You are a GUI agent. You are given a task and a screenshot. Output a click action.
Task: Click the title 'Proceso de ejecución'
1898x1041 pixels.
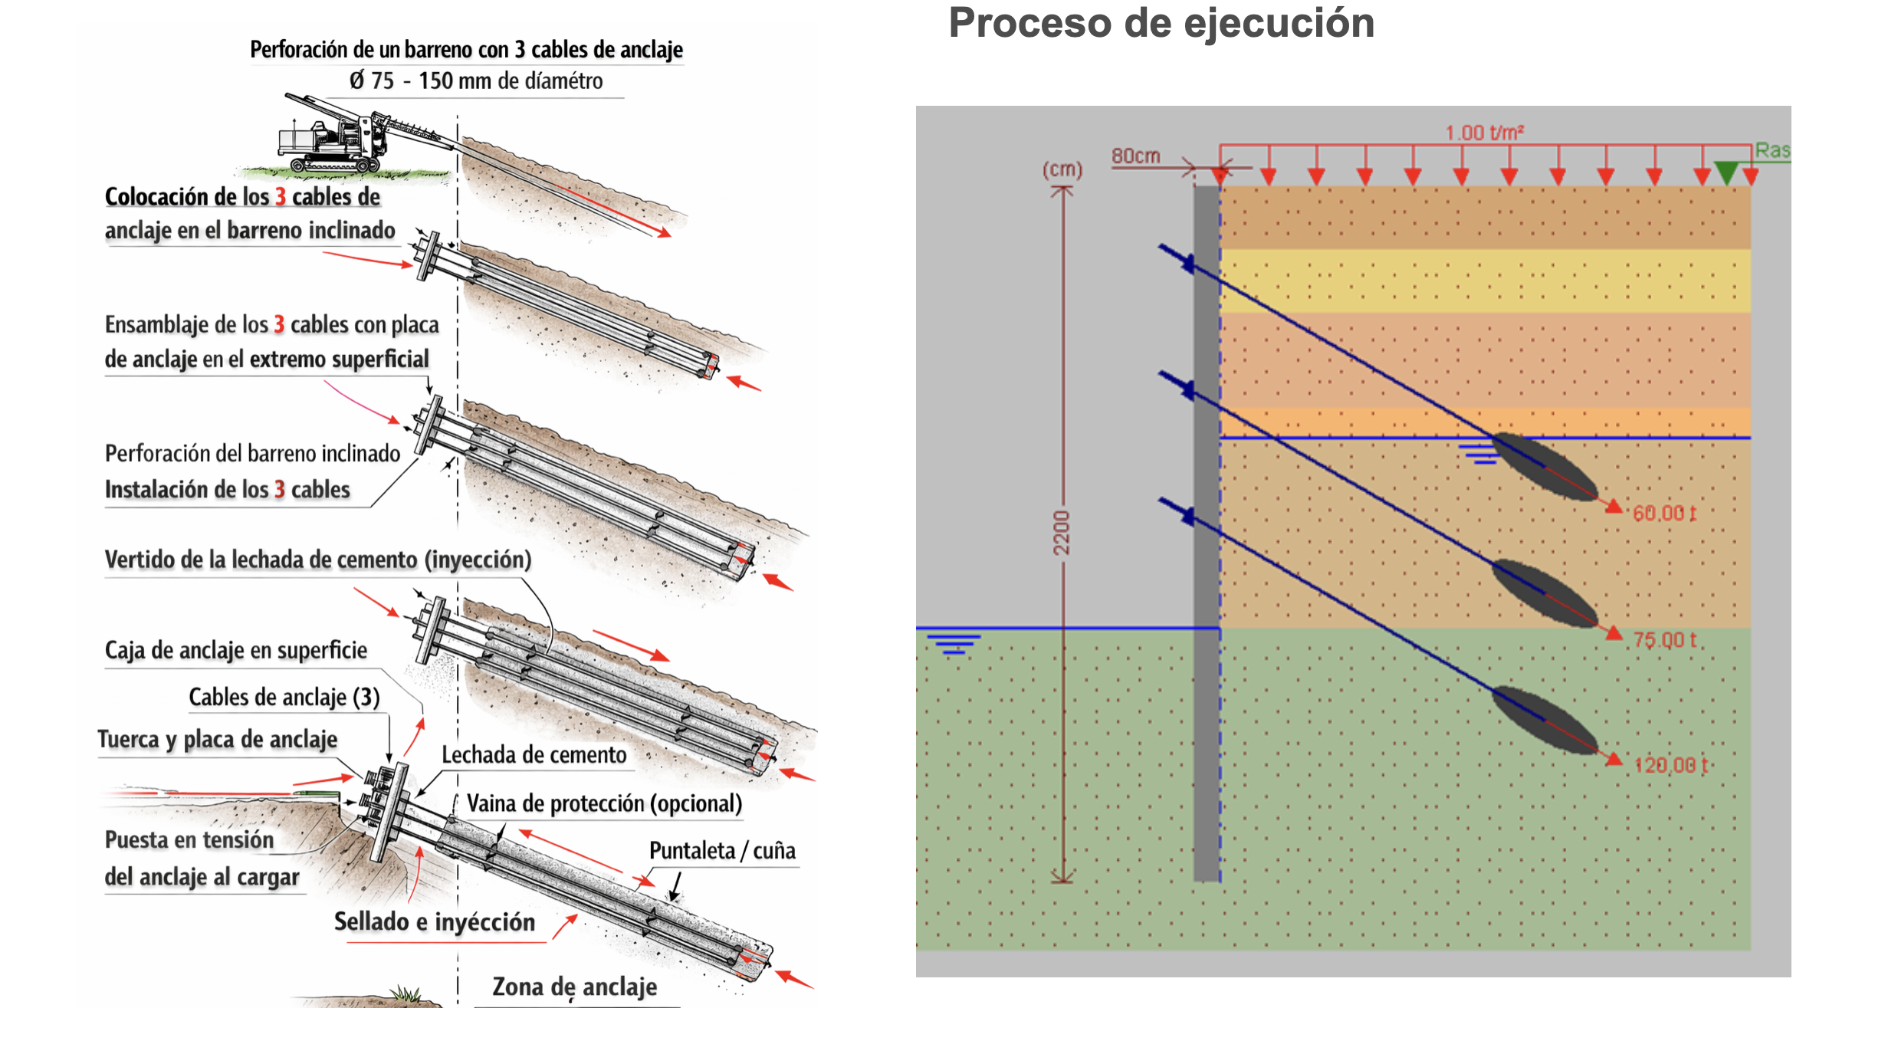click(x=1161, y=23)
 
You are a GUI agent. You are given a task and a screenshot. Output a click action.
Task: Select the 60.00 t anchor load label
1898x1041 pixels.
click(x=1664, y=513)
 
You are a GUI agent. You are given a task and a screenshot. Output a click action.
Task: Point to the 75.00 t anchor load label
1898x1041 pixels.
click(x=1664, y=639)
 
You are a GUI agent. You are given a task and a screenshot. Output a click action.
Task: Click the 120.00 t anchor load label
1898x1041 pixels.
click(x=1670, y=765)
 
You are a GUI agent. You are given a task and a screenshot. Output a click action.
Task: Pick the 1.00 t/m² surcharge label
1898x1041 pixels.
click(x=1484, y=133)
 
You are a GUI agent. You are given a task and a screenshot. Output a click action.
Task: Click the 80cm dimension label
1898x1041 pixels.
click(x=1135, y=156)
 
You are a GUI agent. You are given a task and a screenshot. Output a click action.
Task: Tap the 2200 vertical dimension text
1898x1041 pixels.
click(x=1061, y=533)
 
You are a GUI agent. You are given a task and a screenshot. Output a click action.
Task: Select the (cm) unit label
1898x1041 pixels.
click(x=1062, y=169)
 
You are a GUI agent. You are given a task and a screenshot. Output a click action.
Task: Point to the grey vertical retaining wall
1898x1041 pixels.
click(x=1207, y=537)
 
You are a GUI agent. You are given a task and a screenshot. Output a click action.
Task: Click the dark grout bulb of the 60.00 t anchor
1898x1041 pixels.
click(x=1545, y=467)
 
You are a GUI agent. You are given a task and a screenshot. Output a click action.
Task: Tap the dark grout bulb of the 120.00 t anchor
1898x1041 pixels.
click(x=1545, y=720)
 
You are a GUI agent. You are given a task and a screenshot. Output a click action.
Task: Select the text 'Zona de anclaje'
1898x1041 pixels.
click(x=574, y=987)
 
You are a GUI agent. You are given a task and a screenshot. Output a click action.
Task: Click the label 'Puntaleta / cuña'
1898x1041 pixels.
click(x=722, y=851)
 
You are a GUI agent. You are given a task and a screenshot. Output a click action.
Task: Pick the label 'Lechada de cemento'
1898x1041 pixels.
click(x=534, y=755)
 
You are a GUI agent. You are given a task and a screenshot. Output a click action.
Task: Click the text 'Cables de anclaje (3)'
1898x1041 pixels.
click(x=284, y=697)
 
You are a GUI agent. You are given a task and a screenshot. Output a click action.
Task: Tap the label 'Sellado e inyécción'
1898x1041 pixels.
click(x=435, y=921)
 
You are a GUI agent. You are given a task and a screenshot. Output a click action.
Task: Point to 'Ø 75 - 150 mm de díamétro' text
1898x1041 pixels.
click(x=476, y=80)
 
